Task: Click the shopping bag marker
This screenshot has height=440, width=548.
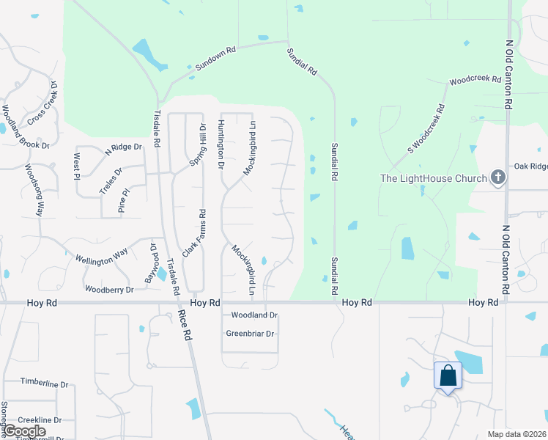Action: tap(448, 376)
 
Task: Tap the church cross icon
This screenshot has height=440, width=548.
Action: tap(497, 177)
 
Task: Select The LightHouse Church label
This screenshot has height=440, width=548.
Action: tap(433, 178)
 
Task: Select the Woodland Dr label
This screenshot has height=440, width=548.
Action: tap(254, 315)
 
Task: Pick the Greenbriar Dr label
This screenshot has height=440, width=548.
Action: tap(250, 334)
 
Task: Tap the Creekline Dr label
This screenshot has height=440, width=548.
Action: tap(41, 419)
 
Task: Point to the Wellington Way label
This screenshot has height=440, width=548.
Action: tap(102, 257)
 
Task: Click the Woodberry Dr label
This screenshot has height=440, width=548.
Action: tap(109, 290)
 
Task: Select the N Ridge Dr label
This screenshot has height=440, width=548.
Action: tap(123, 147)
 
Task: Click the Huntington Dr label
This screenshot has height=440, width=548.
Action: tap(221, 146)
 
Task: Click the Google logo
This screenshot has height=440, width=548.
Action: tap(24, 431)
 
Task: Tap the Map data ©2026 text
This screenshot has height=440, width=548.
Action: tap(516, 434)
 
